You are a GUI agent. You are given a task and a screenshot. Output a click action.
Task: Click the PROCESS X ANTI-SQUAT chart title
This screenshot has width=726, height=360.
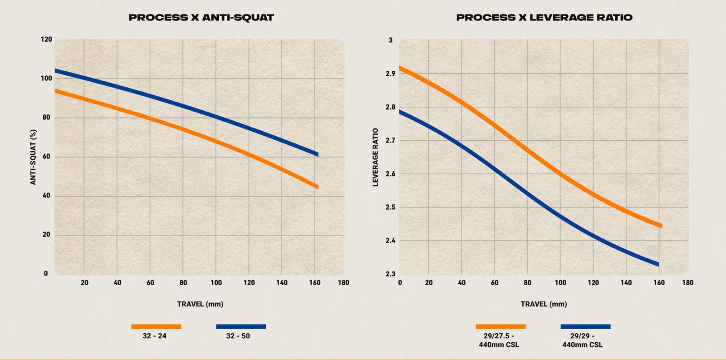tap(201, 18)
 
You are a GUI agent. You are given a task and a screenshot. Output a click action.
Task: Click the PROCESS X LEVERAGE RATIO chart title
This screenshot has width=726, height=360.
tap(544, 18)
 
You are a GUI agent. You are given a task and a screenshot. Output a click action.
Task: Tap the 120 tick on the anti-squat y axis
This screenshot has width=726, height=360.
tap(46, 39)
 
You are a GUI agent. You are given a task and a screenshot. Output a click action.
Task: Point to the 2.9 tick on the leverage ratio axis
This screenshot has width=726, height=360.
tap(390, 74)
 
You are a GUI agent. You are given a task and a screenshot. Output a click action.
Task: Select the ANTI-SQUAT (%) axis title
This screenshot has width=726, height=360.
tap(33, 157)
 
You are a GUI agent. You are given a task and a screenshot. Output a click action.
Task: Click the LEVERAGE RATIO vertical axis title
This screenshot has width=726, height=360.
tap(375, 157)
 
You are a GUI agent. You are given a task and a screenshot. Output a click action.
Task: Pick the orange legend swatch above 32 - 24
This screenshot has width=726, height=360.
tap(156, 326)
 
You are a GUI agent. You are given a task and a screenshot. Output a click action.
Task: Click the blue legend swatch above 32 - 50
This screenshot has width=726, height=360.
tap(241, 326)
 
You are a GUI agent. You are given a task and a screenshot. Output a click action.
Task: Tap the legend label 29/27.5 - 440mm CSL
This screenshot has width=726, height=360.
tap(499, 340)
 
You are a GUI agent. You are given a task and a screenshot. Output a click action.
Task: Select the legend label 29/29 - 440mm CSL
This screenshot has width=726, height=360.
tap(583, 340)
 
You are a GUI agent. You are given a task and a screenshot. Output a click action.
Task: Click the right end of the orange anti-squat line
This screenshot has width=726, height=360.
tap(317, 187)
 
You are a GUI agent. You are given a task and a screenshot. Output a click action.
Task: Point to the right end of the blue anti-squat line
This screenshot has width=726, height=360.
tap(317, 154)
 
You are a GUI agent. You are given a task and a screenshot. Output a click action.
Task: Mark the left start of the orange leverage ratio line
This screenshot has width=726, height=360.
tap(400, 68)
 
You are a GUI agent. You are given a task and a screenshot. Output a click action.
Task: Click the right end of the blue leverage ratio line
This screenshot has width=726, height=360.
tap(658, 264)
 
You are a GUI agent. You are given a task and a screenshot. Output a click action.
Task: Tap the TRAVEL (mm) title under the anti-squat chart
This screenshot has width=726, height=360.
tap(200, 304)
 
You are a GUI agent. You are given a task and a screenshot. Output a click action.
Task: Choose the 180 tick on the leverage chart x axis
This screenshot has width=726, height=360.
tap(687, 282)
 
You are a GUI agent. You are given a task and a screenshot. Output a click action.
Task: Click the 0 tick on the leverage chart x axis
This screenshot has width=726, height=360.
tap(400, 282)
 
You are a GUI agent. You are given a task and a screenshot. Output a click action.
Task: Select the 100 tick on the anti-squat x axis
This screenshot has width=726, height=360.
tap(216, 282)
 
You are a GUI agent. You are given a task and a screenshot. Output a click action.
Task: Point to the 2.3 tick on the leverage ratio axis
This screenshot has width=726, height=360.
tap(390, 274)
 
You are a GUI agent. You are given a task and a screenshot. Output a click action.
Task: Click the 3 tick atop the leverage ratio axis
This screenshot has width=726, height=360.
tap(391, 40)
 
